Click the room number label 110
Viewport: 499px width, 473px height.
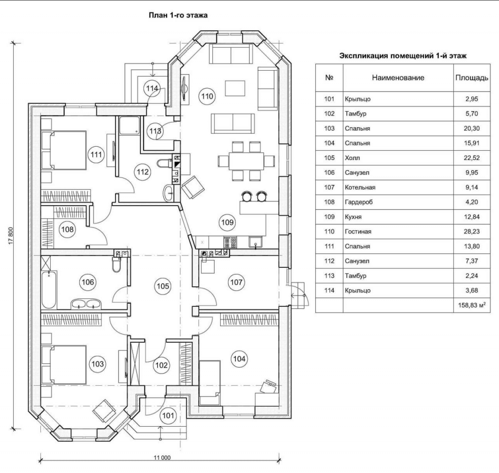point(207,96)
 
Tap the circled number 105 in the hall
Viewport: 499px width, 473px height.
point(163,286)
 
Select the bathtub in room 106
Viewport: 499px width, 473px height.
point(49,290)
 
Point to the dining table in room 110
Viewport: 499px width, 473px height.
point(246,161)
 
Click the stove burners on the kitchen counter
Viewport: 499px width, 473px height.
point(230,242)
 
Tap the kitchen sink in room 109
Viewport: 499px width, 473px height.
point(256,242)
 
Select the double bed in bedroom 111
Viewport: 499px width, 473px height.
point(64,150)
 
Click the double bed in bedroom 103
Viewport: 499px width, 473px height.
point(64,365)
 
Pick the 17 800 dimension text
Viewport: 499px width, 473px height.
point(11,236)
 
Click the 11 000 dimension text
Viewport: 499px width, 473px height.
point(162,458)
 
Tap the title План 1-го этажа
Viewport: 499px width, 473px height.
point(178,15)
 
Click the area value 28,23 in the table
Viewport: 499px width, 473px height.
point(472,232)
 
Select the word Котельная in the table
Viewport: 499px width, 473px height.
point(360,187)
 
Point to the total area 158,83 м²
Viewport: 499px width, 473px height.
point(472,305)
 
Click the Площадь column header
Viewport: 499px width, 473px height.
point(472,78)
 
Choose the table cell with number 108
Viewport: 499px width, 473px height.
point(329,202)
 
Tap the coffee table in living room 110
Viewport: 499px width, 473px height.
point(235,88)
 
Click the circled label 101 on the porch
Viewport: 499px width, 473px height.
point(168,415)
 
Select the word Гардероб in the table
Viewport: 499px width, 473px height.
point(359,202)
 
